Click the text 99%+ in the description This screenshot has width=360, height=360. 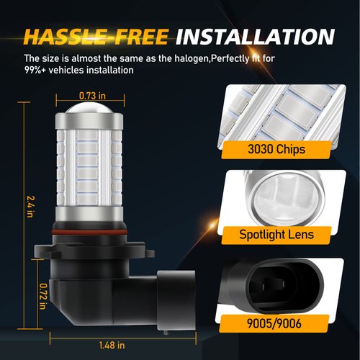[x=36, y=71]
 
